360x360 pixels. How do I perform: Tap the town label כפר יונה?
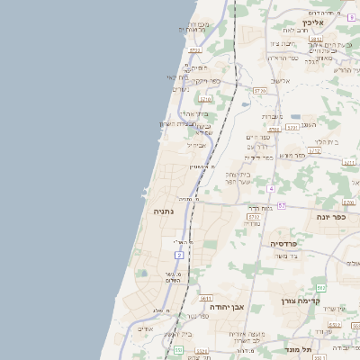(332, 217)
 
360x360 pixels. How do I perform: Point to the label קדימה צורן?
(301, 301)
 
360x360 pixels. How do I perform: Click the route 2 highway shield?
(179, 256)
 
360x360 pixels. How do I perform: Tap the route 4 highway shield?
(270, 189)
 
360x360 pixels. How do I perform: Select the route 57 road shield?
(282, 206)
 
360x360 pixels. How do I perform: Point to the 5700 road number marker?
(259, 92)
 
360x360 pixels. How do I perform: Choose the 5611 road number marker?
(205, 298)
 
